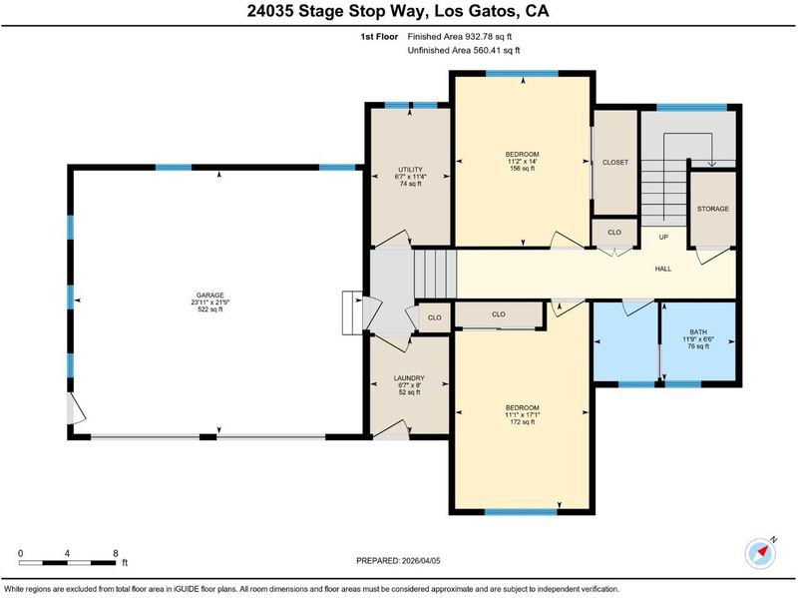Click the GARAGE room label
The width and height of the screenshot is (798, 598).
[x=210, y=296]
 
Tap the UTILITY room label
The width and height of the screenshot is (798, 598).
[x=410, y=170]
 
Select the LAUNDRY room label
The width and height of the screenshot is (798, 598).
[x=409, y=378]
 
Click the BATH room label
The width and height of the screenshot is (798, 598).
[x=698, y=332]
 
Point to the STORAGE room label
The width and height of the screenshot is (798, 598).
[x=713, y=209]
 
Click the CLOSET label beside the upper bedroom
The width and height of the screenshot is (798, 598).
[x=615, y=163]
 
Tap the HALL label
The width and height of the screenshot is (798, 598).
[x=663, y=269]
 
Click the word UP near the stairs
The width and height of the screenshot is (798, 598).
[x=663, y=238]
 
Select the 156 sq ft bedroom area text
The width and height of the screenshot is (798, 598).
[x=522, y=169]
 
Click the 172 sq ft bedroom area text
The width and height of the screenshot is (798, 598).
[x=522, y=422]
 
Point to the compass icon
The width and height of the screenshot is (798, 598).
[x=760, y=553]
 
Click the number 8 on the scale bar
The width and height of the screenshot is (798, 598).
[x=116, y=554]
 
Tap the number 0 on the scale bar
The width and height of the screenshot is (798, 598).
[x=20, y=554]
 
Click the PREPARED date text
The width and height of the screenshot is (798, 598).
[x=398, y=561]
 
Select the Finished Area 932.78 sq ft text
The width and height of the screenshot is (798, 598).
[x=460, y=37]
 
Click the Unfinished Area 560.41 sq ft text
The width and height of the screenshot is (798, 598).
[x=464, y=51]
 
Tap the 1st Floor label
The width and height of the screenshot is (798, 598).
[x=379, y=37]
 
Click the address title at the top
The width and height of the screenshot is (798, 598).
[x=398, y=11]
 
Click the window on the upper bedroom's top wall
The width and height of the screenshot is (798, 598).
[x=522, y=73]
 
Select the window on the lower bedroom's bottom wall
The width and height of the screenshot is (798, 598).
[x=521, y=512]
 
